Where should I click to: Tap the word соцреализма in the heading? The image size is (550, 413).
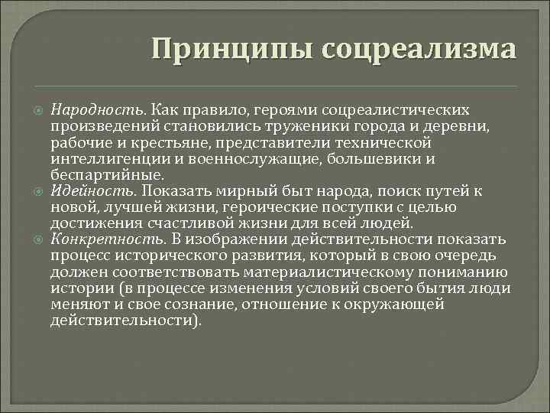(x=419, y=49)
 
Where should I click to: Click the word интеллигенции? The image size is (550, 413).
(x=108, y=159)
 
